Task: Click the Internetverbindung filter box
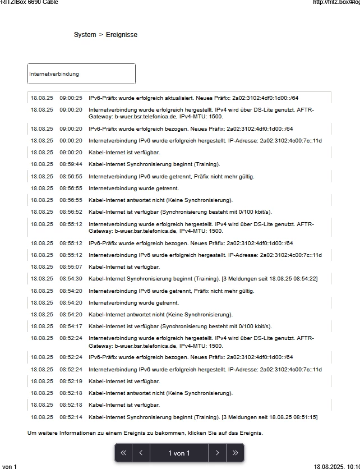81,74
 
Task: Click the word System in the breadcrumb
85,35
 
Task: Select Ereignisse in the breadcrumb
121,35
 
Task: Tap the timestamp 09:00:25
71,98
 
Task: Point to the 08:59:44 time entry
71,164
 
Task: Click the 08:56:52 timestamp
71,212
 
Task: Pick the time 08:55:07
71,267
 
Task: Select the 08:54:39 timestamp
71,279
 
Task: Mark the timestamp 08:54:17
71,327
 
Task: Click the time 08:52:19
71,381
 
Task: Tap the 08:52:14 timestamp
71,417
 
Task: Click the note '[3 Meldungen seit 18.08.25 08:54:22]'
269,279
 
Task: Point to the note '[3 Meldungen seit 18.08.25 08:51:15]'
269,417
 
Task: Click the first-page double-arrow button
123,453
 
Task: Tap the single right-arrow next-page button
217,453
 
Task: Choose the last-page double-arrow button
235,453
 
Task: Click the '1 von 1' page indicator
179,453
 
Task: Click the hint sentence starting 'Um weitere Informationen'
145,433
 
